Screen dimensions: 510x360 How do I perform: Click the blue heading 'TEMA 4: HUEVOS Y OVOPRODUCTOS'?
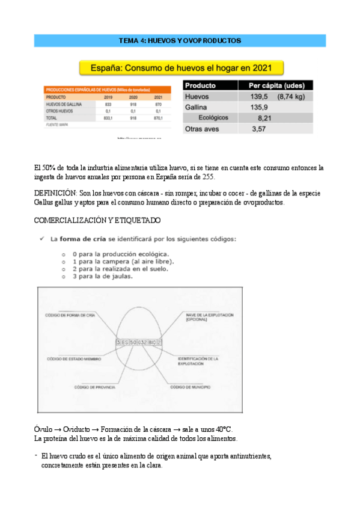pos(180,40)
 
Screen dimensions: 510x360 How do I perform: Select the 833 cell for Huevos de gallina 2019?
pos(108,103)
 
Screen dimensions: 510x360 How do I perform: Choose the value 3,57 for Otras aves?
pos(258,129)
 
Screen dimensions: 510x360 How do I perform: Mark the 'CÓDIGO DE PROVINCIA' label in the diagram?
pos(94,387)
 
